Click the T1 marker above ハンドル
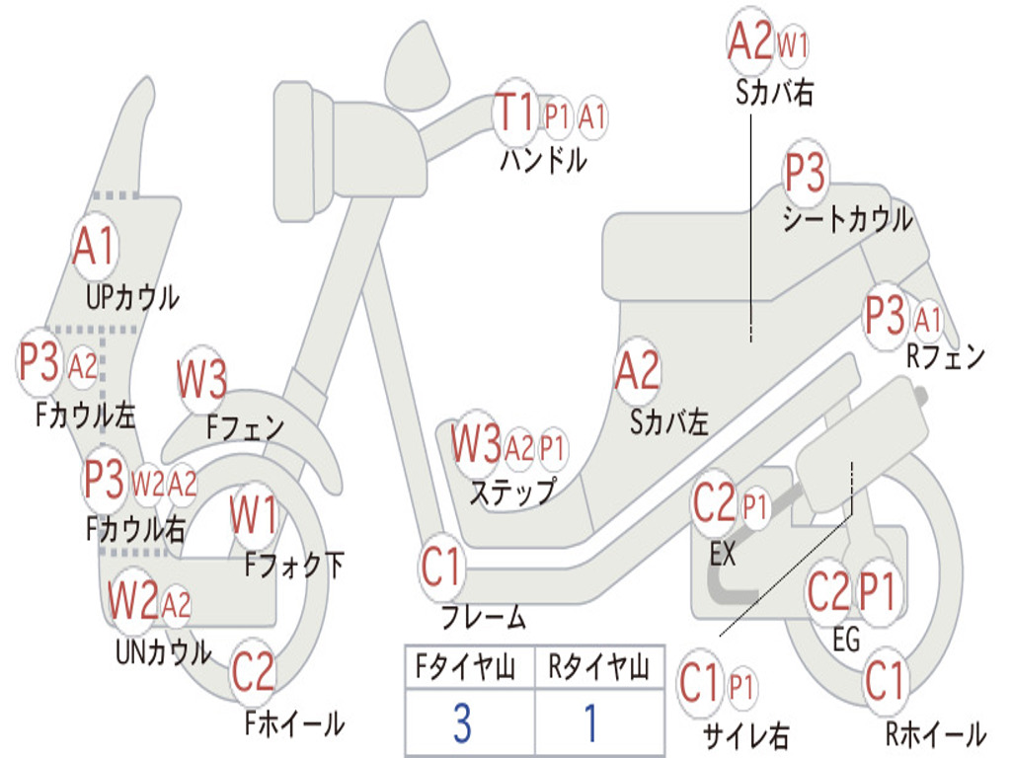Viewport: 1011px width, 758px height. pos(515,114)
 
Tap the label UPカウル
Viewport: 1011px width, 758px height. pos(132,298)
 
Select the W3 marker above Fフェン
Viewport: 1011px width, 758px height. pos(201,380)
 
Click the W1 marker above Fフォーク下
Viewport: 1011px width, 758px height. pos(254,515)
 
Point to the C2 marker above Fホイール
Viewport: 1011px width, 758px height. pos(253,672)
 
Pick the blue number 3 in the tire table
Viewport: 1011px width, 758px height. pos(462,723)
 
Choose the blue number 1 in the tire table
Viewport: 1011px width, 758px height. pos(590,723)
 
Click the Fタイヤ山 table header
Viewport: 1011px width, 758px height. pos(465,666)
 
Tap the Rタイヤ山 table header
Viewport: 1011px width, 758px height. pos(598,666)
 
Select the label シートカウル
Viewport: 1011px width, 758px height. pos(847,220)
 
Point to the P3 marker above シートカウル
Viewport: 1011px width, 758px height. pos(805,172)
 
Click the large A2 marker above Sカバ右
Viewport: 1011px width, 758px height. pos(750,39)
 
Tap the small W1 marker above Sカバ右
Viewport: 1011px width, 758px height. pos(793,45)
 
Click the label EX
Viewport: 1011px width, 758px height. pos(722,554)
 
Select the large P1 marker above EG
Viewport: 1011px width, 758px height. pos(877,592)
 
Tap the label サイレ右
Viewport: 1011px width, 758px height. pos(746,734)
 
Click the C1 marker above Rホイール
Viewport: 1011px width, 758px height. pos(885,681)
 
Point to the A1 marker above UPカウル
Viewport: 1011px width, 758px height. pos(95,247)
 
